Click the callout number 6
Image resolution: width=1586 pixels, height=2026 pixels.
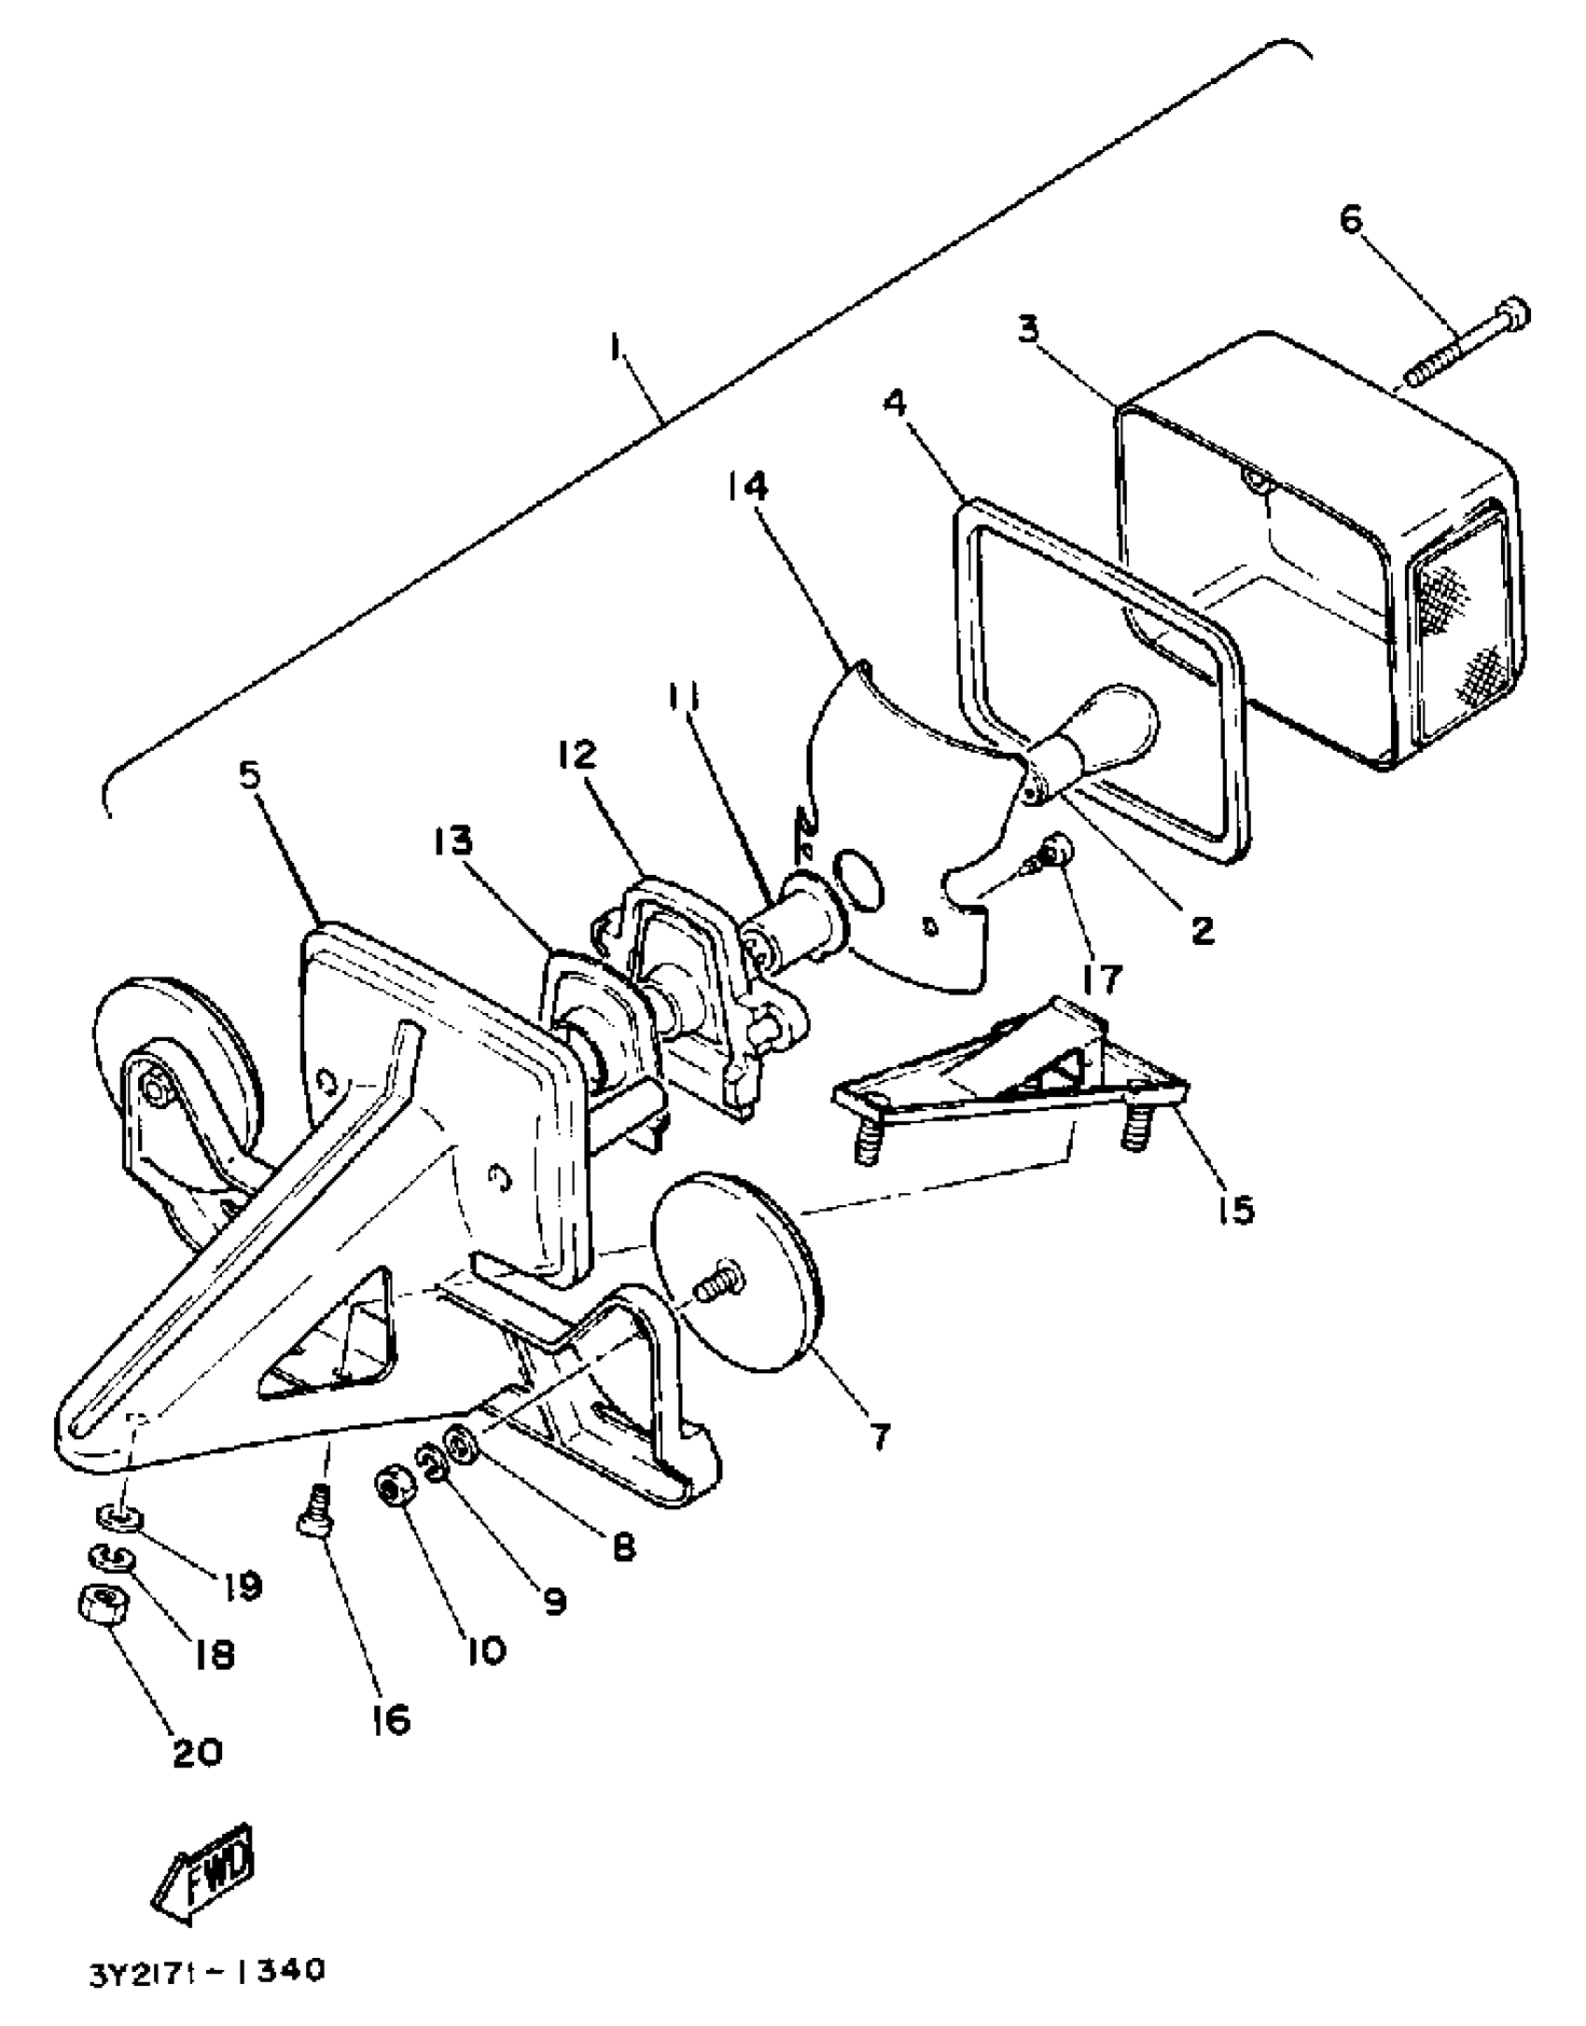click(1350, 220)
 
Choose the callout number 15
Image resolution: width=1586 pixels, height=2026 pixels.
click(1235, 1210)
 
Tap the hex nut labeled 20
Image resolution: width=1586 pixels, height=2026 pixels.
click(104, 1605)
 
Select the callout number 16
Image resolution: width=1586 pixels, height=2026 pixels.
click(389, 1719)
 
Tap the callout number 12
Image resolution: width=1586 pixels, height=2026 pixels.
click(576, 754)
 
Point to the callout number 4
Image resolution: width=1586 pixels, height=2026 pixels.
click(894, 403)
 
